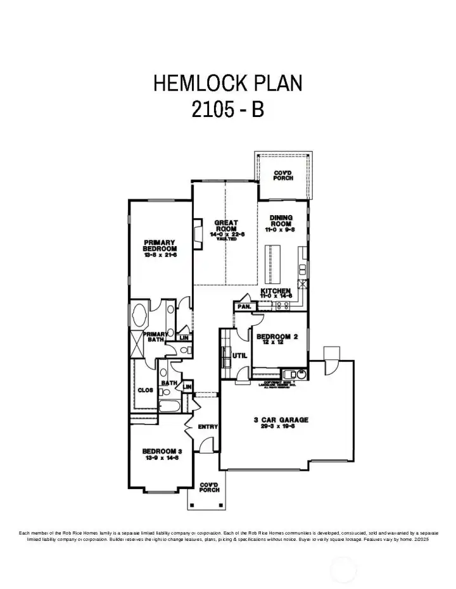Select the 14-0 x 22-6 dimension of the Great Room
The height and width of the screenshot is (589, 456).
coord(225,234)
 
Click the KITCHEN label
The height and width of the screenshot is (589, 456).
coord(276,292)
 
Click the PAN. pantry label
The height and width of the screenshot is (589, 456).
coord(244,307)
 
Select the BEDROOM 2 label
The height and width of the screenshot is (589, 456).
coord(277,337)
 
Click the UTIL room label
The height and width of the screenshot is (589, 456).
coord(240,356)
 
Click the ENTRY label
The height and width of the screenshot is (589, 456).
coord(208,427)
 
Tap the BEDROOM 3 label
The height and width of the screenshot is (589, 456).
coord(162,450)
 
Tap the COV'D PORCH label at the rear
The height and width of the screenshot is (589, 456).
coord(283,175)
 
